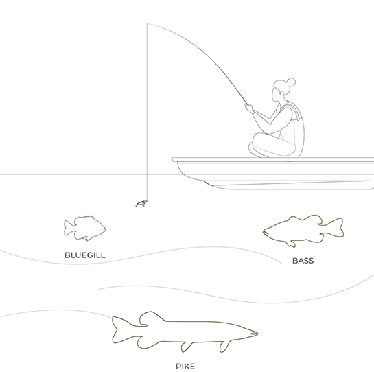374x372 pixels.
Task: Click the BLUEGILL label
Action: click(x=85, y=255)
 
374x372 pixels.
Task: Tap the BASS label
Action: click(x=303, y=261)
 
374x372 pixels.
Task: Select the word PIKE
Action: click(x=185, y=366)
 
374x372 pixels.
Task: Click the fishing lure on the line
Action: click(x=141, y=204)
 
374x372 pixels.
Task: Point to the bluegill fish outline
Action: click(x=84, y=229)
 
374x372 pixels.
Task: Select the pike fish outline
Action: click(x=185, y=332)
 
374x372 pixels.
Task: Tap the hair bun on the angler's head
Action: click(x=292, y=82)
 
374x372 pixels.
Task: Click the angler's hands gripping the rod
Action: click(x=249, y=108)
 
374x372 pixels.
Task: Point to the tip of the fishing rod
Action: click(x=148, y=23)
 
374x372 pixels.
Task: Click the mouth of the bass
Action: click(x=265, y=232)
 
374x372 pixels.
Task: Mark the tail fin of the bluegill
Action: click(x=69, y=228)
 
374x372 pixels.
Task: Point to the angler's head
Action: click(x=281, y=90)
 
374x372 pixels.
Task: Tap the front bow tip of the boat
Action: click(x=172, y=159)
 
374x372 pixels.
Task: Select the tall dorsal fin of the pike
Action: click(x=151, y=317)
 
